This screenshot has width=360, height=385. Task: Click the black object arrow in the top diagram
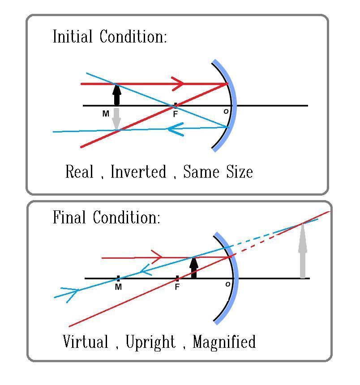click(x=117, y=94)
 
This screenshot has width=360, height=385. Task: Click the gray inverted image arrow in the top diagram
click(x=117, y=119)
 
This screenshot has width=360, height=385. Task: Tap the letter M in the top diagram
click(x=106, y=114)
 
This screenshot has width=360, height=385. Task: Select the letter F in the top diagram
click(x=176, y=114)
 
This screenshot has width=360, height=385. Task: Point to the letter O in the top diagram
click(x=226, y=111)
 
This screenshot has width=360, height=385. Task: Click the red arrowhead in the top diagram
click(x=178, y=83)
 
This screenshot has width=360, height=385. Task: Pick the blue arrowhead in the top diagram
click(x=175, y=129)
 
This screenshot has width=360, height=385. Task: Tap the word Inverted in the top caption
click(x=138, y=172)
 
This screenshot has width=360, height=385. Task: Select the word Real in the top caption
click(x=79, y=172)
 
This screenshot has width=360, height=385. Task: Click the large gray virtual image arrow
click(x=303, y=251)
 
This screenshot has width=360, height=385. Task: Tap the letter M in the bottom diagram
click(x=118, y=287)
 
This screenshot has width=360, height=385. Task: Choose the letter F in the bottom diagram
click(x=177, y=287)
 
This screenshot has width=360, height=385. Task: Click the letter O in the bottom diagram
click(x=228, y=284)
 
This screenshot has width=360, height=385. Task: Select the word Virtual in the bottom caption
click(x=86, y=342)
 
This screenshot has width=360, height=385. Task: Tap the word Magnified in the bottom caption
click(x=224, y=342)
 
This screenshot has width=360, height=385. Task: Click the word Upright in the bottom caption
click(x=150, y=342)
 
